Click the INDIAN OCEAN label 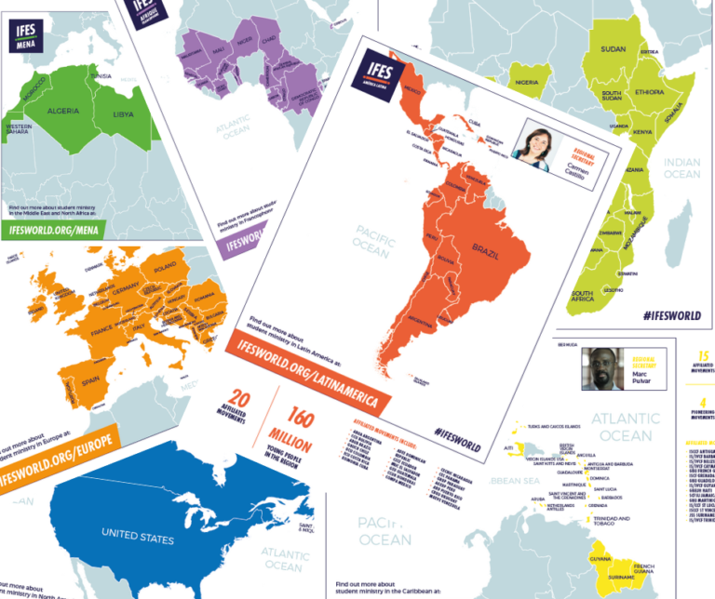pyautogui.click(x=682, y=167)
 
